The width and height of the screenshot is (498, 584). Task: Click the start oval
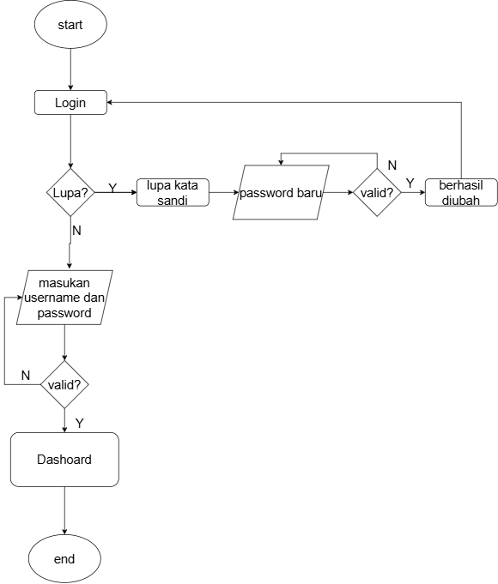click(x=70, y=25)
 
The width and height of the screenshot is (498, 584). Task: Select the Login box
click(x=70, y=102)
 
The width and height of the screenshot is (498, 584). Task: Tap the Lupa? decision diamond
click(x=70, y=193)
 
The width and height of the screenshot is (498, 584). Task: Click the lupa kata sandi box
click(x=173, y=193)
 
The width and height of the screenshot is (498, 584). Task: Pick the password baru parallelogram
click(x=281, y=193)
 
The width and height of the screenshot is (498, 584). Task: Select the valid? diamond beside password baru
click(x=377, y=193)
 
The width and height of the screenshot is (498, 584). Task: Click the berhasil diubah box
click(x=461, y=193)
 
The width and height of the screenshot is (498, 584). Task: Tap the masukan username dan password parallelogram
click(x=64, y=298)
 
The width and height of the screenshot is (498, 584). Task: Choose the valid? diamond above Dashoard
click(x=64, y=384)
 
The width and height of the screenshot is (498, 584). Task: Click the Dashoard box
click(x=64, y=460)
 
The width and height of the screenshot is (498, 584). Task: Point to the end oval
click(x=64, y=558)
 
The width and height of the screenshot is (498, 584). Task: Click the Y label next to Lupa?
click(x=112, y=188)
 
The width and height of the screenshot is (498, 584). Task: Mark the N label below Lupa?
click(x=76, y=231)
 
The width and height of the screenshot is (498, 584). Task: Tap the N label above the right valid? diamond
click(x=392, y=166)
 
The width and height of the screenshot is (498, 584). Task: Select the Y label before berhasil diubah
click(x=410, y=184)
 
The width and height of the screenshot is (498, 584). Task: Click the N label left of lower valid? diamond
click(x=26, y=375)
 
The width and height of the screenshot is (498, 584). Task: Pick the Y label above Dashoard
click(x=80, y=423)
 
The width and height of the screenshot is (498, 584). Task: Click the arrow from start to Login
click(x=70, y=69)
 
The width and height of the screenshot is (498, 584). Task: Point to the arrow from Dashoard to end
click(x=64, y=510)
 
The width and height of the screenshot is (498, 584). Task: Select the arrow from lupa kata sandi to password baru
click(x=224, y=193)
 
